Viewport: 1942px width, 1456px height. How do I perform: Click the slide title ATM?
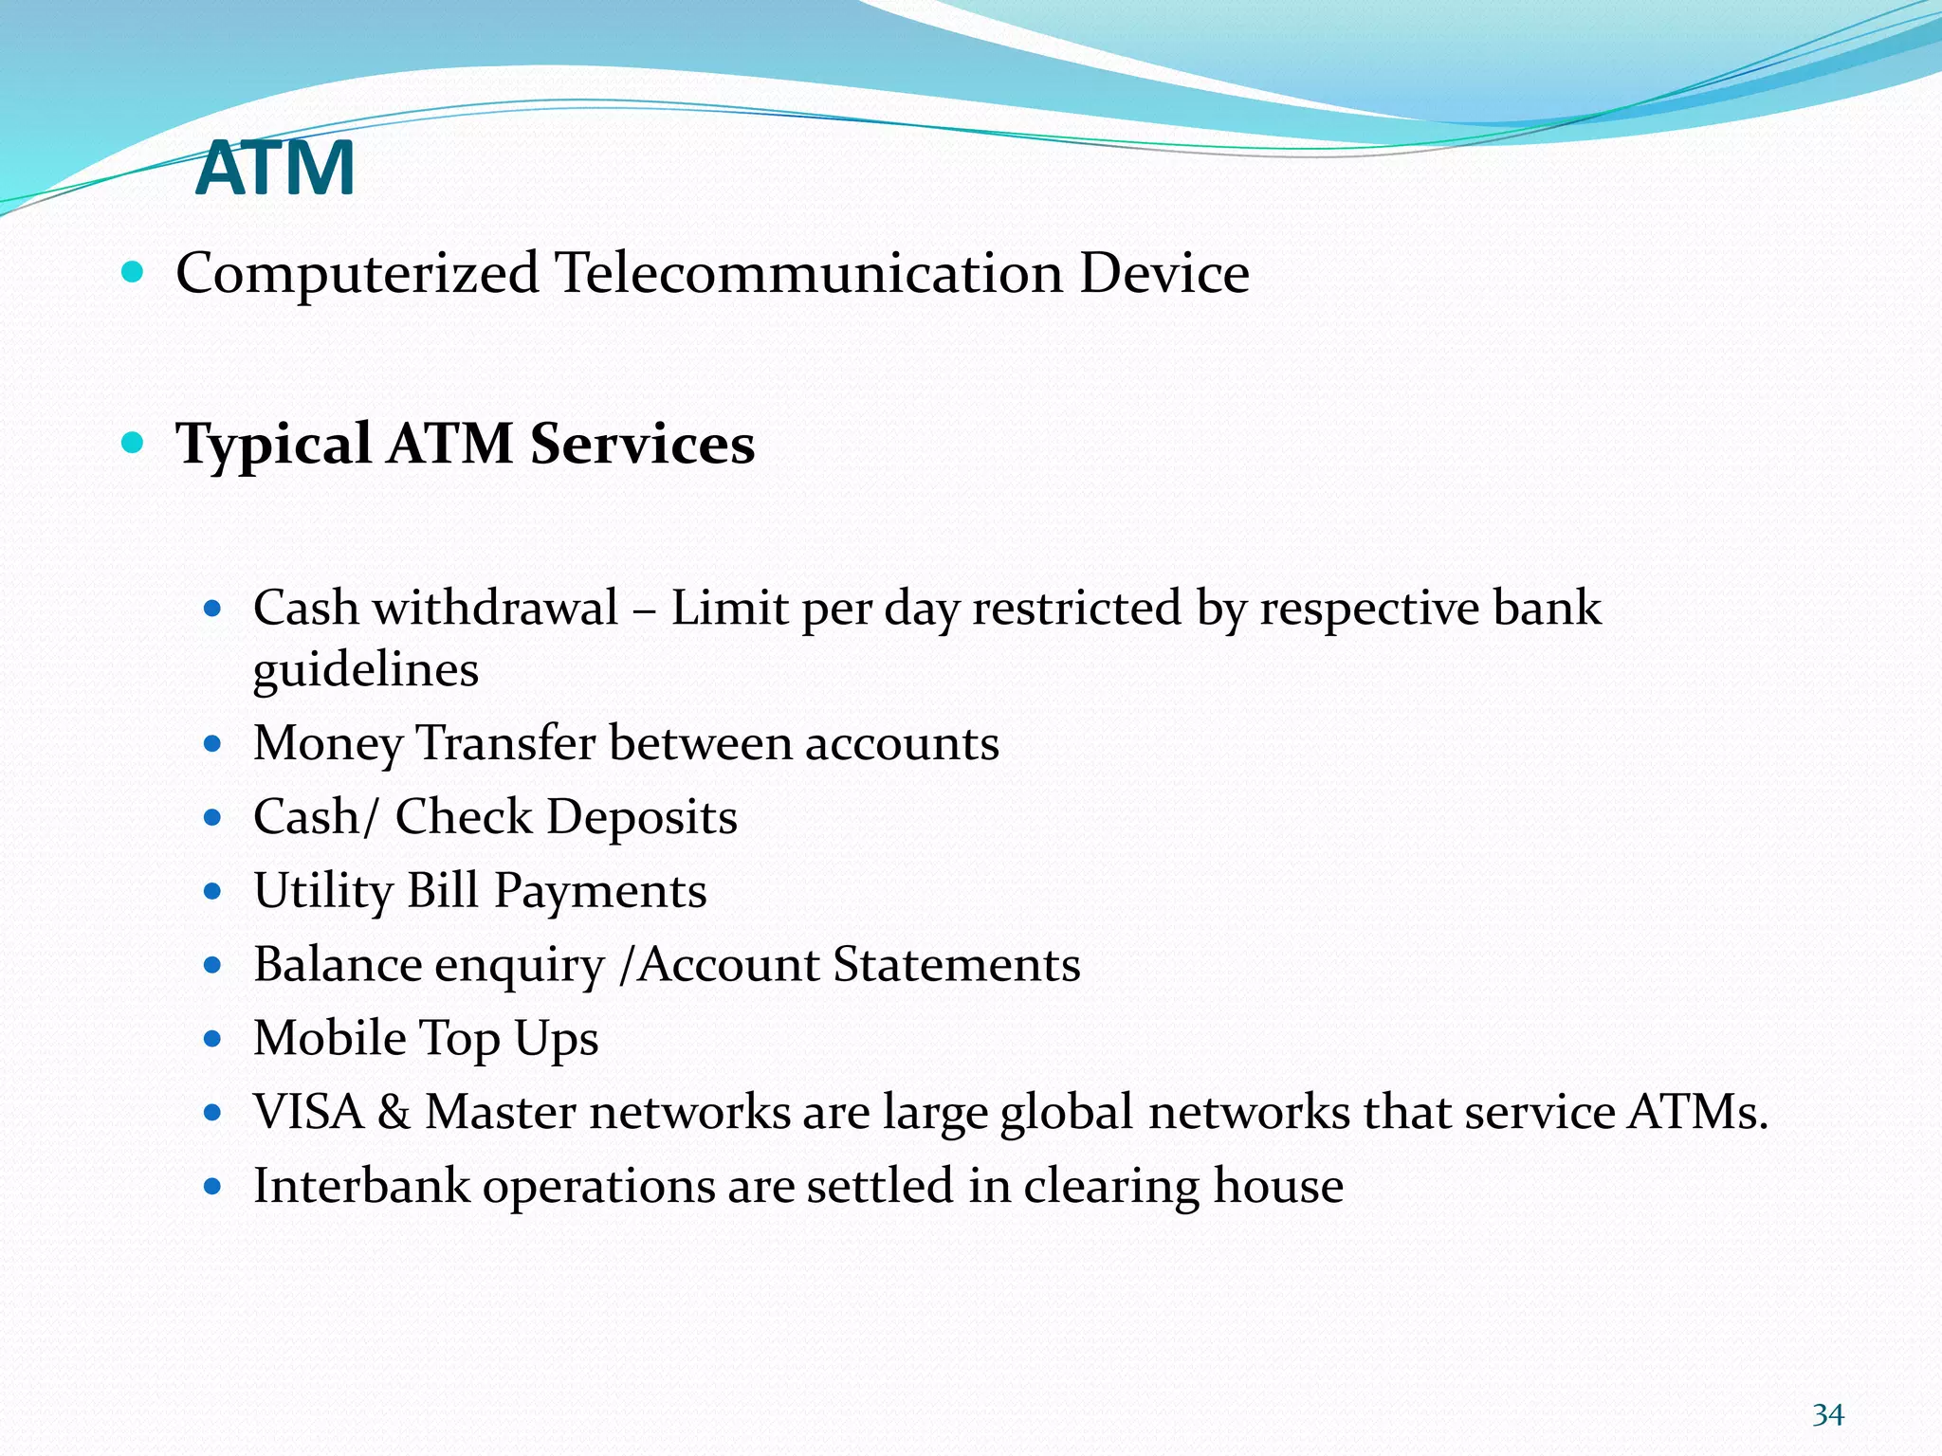point(275,168)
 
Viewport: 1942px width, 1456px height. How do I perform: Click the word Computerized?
point(357,274)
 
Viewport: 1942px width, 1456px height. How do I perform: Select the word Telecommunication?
point(809,274)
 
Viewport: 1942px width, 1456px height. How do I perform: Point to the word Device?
point(1164,274)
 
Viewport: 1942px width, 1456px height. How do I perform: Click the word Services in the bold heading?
point(642,444)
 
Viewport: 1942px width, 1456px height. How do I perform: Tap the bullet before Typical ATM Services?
point(133,442)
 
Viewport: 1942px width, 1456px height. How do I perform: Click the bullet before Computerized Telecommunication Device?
point(133,273)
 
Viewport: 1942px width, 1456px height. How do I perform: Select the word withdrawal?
point(495,608)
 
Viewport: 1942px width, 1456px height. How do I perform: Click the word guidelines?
point(366,671)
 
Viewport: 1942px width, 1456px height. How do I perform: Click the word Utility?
point(323,892)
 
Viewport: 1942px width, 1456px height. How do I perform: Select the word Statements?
point(957,965)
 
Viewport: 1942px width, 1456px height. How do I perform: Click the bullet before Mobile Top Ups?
point(212,1039)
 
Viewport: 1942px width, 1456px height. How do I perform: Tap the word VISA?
point(308,1112)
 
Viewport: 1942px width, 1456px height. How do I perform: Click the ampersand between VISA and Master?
point(394,1113)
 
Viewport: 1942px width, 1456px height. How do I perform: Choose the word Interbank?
point(361,1186)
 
